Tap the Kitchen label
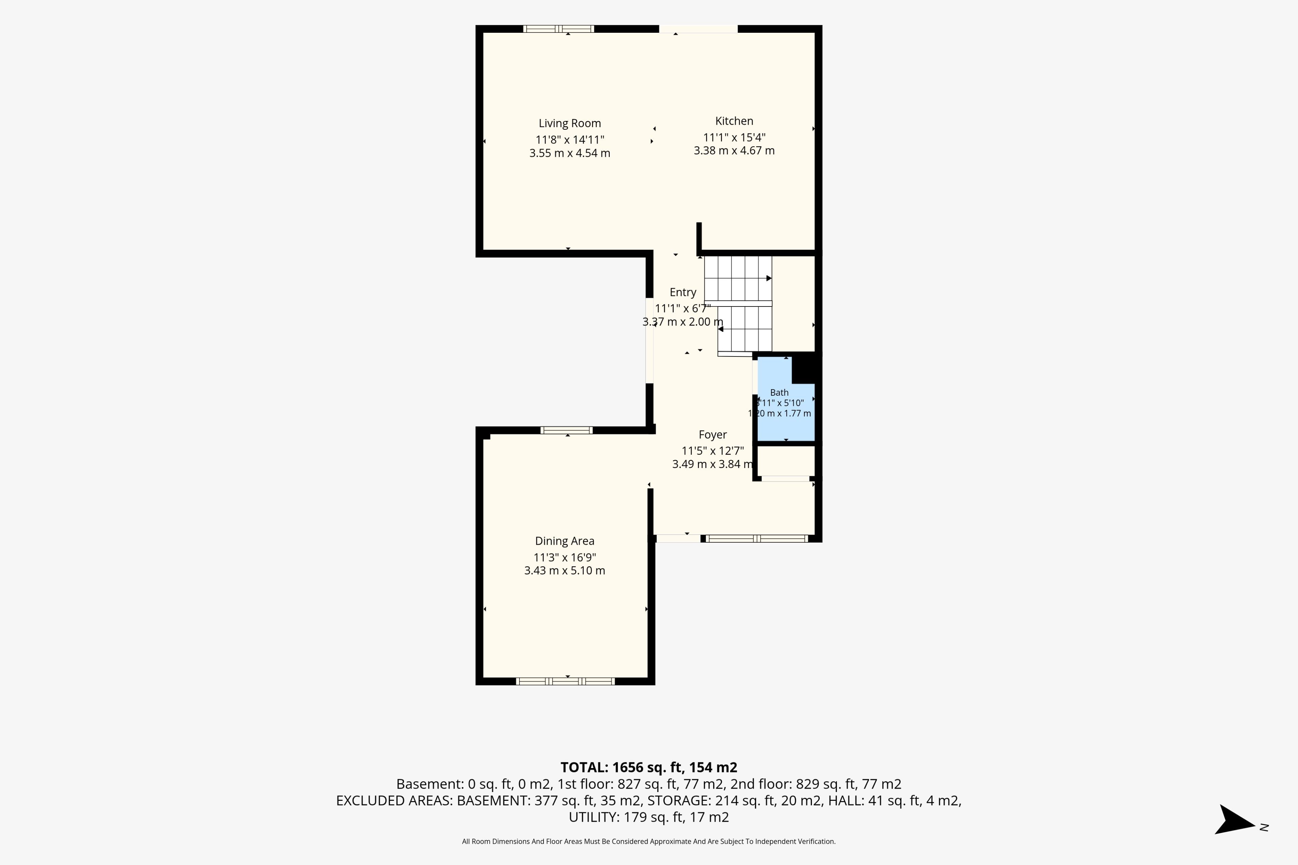[x=734, y=121]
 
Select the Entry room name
[x=683, y=292]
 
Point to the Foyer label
[x=713, y=435]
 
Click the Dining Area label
[x=564, y=541]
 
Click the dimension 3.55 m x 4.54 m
[x=570, y=153]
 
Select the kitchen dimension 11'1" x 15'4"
[x=734, y=138]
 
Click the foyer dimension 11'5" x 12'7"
[x=713, y=451]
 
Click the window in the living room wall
[x=558, y=29]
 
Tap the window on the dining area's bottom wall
[x=565, y=681]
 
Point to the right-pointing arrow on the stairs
[x=769, y=278]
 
